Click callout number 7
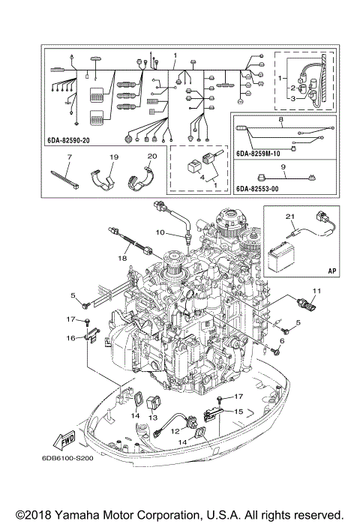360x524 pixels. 67,158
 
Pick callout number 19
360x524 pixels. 114,158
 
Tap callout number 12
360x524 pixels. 174,431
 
